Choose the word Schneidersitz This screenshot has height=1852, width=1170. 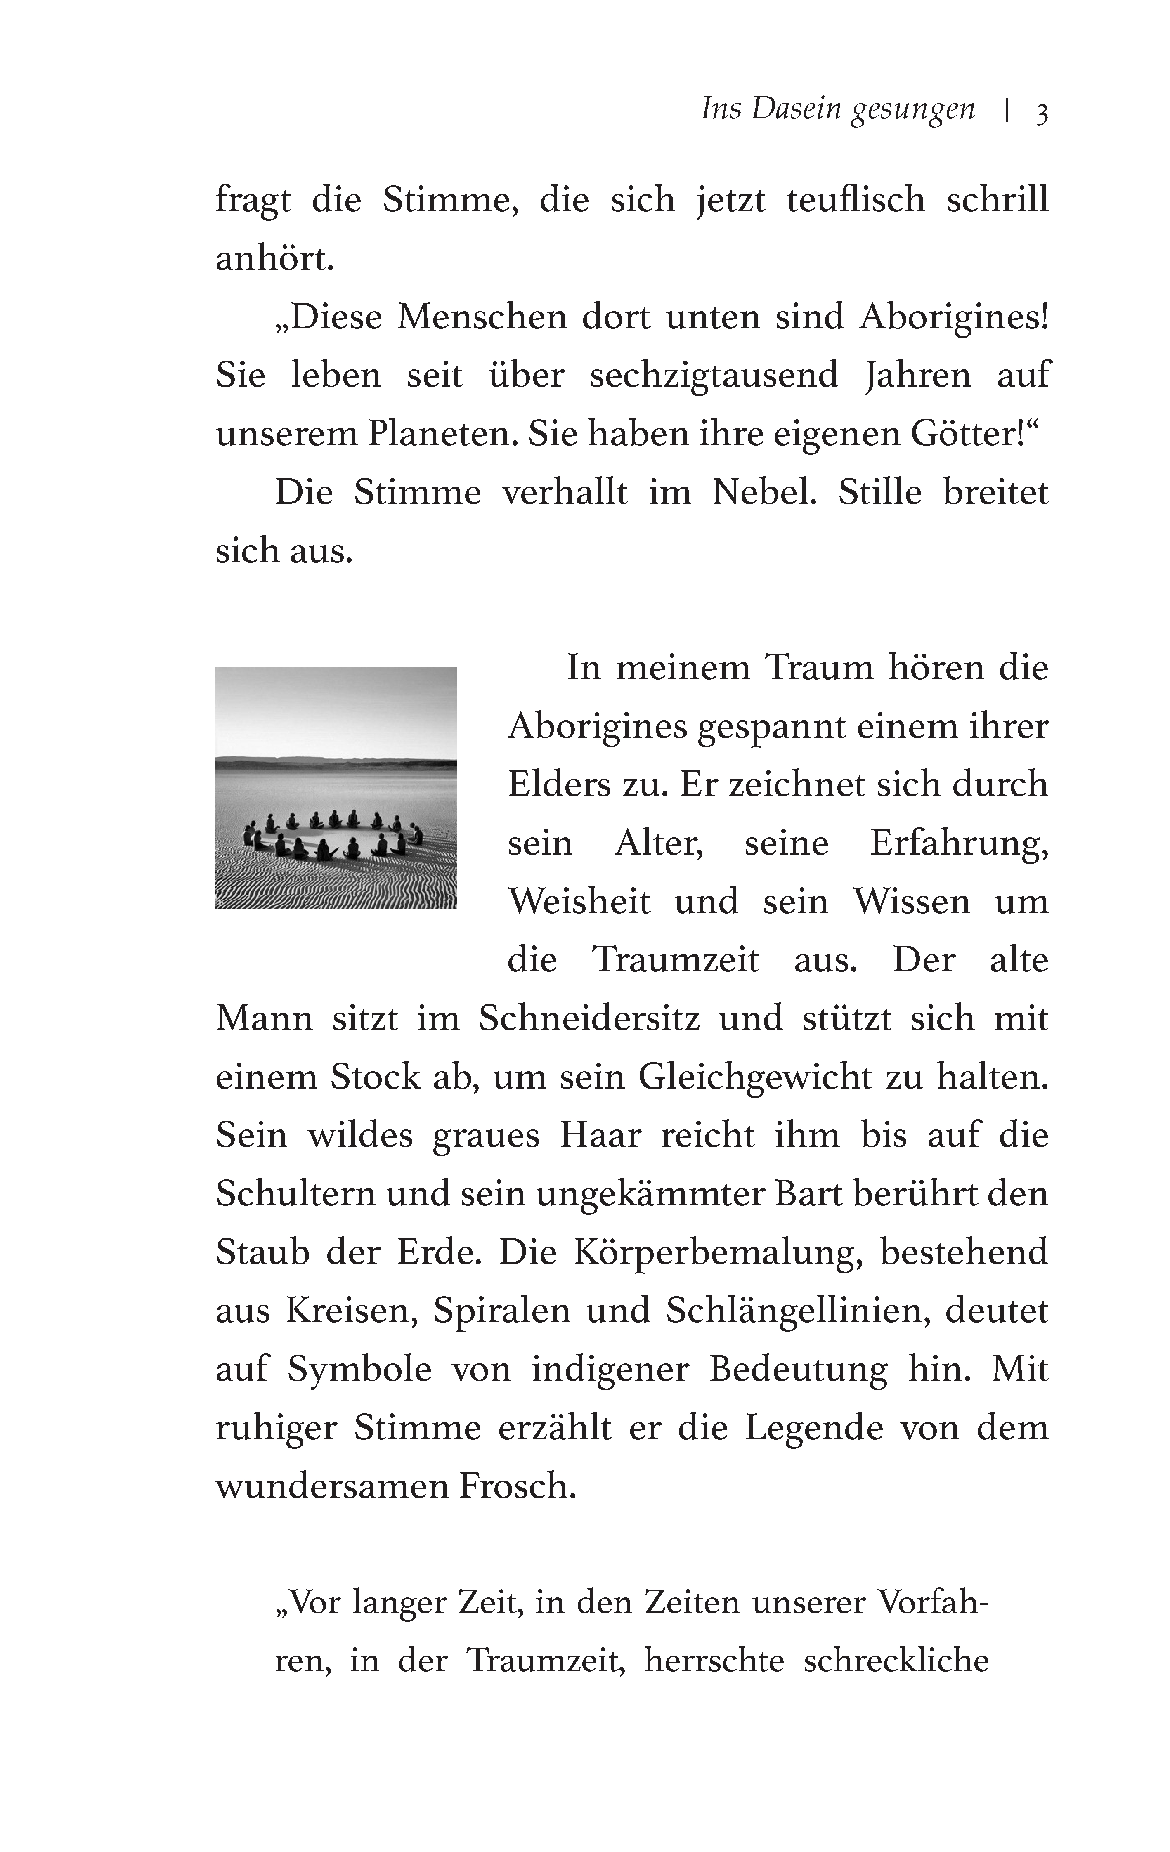pos(589,1018)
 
